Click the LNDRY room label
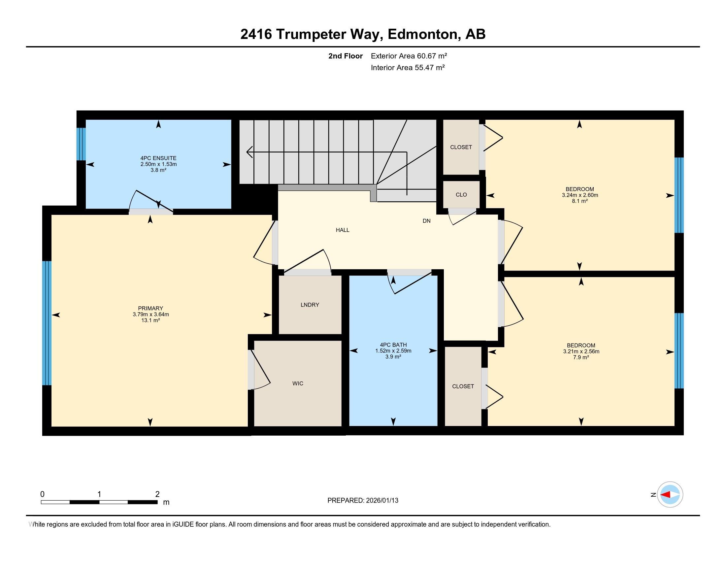click(310, 305)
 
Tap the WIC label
click(298, 383)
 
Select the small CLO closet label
click(461, 195)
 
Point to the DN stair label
click(426, 221)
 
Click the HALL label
click(343, 230)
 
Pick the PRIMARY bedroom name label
click(150, 309)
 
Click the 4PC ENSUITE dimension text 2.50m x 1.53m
click(158, 164)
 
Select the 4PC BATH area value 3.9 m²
click(393, 357)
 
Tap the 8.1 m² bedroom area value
click(580, 201)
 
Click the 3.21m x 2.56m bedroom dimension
click(581, 351)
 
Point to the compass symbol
click(670, 495)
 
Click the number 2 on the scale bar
click(157, 494)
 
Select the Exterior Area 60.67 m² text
click(409, 56)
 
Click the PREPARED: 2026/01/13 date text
click(363, 501)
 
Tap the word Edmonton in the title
click(422, 34)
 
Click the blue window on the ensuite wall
click(81, 144)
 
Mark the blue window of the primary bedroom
click(47, 323)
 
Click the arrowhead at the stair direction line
click(249, 152)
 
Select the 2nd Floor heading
click(346, 56)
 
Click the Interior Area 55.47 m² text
click(408, 68)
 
